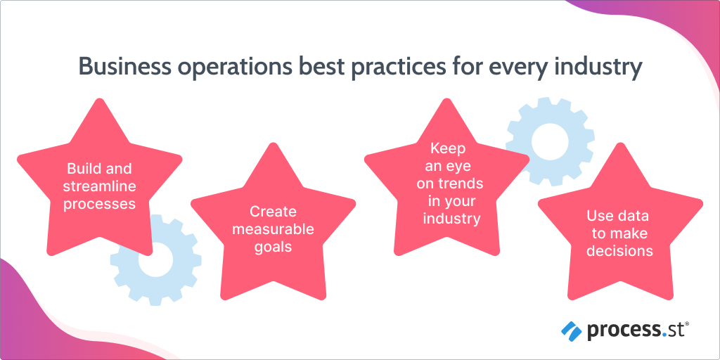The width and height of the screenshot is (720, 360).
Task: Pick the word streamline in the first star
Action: (99, 186)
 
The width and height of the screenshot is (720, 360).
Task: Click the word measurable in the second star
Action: (273, 229)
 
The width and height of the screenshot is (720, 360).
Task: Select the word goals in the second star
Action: (273, 247)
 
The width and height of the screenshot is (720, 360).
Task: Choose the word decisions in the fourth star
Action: (619, 251)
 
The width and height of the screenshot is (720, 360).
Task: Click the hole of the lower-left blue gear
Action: (155, 260)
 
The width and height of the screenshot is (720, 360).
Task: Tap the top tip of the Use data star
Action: (619, 145)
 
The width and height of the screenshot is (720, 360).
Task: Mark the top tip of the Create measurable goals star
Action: (273, 145)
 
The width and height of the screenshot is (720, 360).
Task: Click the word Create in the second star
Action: (273, 212)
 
